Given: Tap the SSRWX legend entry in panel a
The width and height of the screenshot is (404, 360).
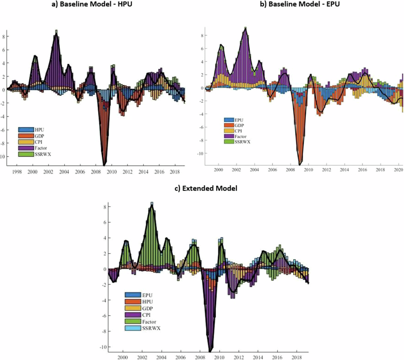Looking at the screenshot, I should click(x=43, y=154).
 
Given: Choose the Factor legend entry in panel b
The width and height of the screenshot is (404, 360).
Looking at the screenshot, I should click(x=240, y=136).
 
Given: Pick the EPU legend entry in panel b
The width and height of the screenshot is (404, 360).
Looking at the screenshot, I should click(x=239, y=120).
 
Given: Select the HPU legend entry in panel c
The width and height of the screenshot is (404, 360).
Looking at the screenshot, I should click(x=147, y=302).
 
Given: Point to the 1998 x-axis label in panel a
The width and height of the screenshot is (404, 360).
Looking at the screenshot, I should click(x=17, y=172).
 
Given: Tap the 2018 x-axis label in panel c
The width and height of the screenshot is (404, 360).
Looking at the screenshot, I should click(x=297, y=357).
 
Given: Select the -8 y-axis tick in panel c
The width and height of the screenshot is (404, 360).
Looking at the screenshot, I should click(x=104, y=331).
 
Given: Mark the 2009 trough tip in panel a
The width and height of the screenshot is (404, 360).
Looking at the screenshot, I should click(x=104, y=165).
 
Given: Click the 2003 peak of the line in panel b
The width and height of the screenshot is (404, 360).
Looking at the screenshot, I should click(x=245, y=29).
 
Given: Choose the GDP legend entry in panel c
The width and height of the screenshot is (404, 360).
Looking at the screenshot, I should click(x=147, y=308).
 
